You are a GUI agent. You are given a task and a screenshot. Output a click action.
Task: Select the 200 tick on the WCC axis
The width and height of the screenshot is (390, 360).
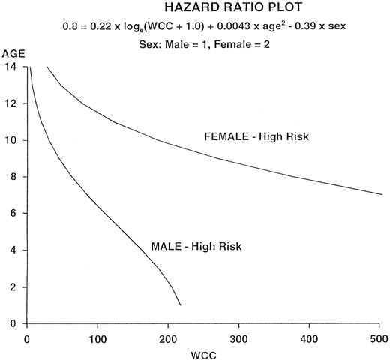click(x=165, y=334)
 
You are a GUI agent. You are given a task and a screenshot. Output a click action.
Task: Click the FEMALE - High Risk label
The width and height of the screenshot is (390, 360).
click(x=256, y=136)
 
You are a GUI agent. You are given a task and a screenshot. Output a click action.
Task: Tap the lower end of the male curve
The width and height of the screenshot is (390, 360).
click(x=181, y=304)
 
